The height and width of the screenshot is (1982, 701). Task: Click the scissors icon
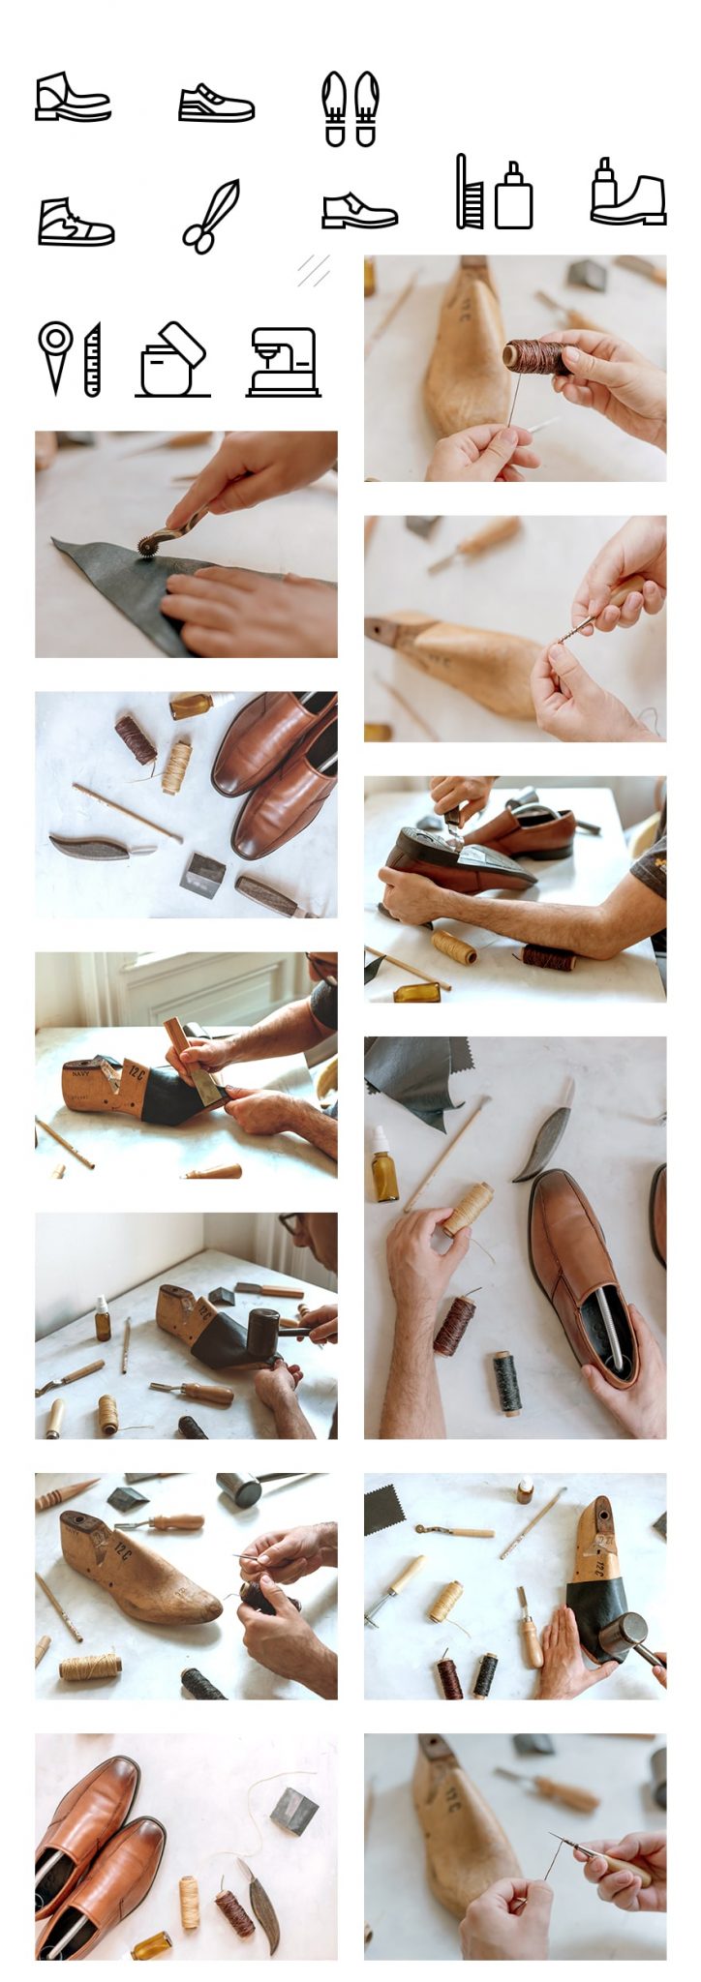[x=210, y=216]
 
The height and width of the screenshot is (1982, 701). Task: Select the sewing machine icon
[x=284, y=362]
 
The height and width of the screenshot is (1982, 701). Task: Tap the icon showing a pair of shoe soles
[x=350, y=108]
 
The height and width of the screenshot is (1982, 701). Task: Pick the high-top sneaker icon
[x=76, y=222]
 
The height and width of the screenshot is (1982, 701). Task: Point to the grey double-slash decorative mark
[x=313, y=270]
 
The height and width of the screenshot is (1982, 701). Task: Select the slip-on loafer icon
[x=358, y=210]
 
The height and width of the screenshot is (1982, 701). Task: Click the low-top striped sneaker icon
[x=216, y=103]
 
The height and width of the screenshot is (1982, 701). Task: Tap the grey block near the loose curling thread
[x=294, y=1811]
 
